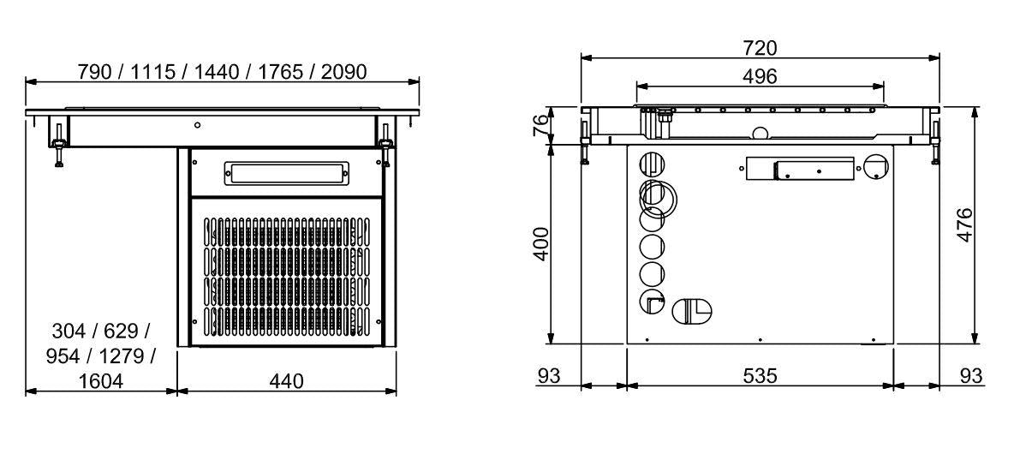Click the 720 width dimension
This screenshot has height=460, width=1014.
pos(760,49)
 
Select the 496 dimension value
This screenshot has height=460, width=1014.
pos(760,76)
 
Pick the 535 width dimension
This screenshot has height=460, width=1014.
pos(760,376)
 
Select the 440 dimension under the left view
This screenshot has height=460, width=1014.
pos(287,381)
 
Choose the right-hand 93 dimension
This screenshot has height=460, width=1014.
pos(970,376)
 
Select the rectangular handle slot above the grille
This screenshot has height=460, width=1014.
pos(287,173)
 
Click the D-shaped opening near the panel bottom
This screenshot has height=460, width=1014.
pos(692,311)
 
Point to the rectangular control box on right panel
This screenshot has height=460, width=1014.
pos(800,169)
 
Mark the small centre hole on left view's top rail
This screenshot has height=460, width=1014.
pos(197,125)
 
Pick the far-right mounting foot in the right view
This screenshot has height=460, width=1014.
pos(935,141)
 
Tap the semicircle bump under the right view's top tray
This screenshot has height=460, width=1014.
pos(759,133)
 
